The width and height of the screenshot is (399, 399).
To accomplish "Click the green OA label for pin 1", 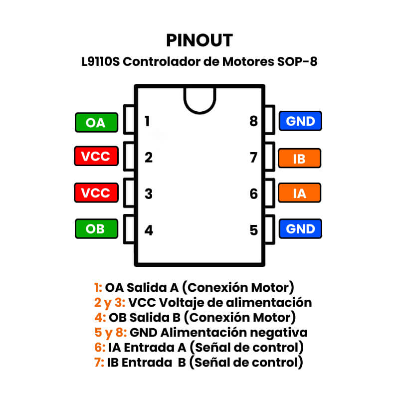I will click(x=96, y=122).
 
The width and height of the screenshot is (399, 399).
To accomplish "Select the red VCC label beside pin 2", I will click(x=96, y=157).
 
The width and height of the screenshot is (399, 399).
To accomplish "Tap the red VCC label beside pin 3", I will click(x=96, y=193).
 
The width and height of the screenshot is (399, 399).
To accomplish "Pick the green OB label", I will click(x=96, y=229).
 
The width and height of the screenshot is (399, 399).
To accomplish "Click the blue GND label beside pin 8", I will click(x=301, y=121).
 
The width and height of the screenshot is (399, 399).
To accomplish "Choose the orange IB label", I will click(x=299, y=159).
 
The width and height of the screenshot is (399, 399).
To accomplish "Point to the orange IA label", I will click(x=299, y=193).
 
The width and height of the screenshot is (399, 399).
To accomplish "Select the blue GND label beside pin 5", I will click(x=301, y=229).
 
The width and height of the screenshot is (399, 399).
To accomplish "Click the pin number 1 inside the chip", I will click(x=147, y=121).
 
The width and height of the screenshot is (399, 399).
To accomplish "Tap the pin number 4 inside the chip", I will click(x=148, y=230).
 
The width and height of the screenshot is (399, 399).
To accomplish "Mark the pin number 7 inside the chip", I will click(x=253, y=158).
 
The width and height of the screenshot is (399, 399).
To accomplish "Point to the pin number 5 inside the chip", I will click(x=254, y=230).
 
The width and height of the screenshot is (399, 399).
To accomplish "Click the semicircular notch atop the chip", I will click(x=199, y=99).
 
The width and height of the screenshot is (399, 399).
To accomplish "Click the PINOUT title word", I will click(x=199, y=40).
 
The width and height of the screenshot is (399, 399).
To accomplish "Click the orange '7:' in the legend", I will click(x=99, y=362).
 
